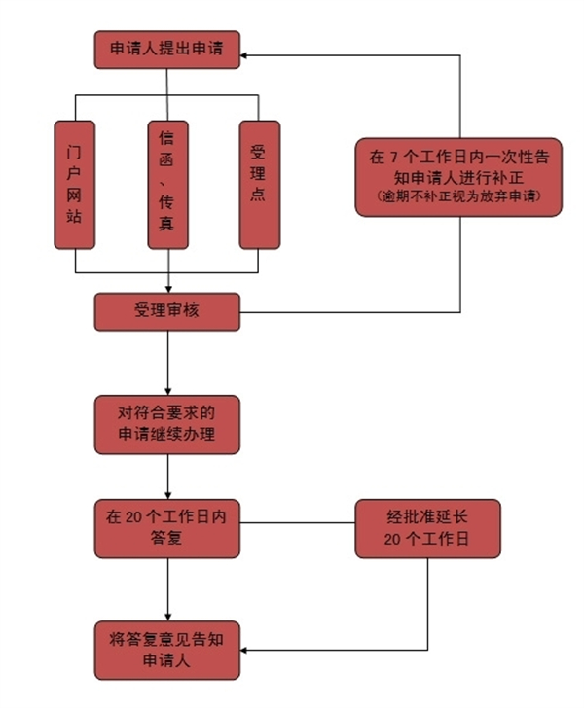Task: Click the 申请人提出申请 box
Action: coord(166,50)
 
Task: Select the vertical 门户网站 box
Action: coord(74,184)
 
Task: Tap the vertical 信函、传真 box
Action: coord(166,184)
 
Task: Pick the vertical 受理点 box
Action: coord(258,184)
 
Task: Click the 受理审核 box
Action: coord(166,311)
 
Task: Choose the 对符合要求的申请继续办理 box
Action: coord(166,423)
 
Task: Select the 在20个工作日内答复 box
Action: coord(166,528)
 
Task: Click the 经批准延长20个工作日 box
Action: coord(427,528)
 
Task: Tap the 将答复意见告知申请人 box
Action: coord(166,649)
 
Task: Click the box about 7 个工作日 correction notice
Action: coord(457,176)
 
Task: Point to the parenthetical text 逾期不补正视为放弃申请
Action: coord(457,198)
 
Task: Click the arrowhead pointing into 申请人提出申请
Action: coord(246,55)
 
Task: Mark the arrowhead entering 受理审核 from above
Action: coord(167,288)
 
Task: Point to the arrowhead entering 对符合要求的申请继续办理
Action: coord(167,389)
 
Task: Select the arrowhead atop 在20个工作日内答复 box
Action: coord(167,495)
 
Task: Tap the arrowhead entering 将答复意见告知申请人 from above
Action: coord(167,616)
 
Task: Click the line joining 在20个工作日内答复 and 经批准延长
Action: coord(297,523)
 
